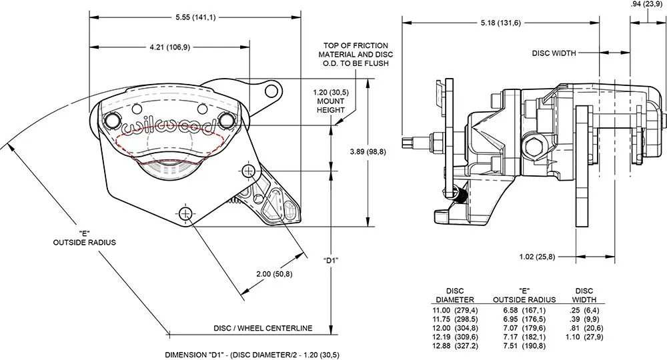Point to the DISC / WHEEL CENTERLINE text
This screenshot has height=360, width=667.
click(263, 328)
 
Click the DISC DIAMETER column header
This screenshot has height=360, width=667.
click(455, 295)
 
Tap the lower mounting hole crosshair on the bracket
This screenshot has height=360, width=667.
click(186, 213)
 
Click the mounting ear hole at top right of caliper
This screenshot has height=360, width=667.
click(270, 91)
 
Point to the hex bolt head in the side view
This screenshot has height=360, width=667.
click(534, 147)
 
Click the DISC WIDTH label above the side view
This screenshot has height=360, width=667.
click(554, 53)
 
